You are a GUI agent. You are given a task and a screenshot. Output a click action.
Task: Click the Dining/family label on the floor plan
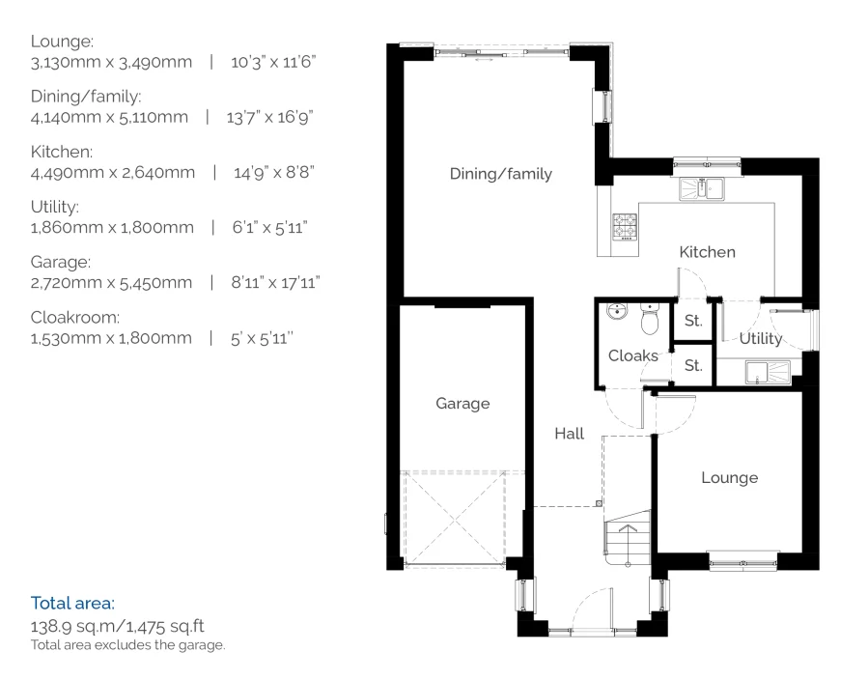tap(500, 174)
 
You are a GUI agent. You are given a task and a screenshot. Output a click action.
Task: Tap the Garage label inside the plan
tap(462, 403)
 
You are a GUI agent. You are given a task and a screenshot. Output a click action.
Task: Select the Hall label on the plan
tap(569, 433)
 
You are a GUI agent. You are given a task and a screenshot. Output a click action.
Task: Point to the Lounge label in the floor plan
tap(730, 478)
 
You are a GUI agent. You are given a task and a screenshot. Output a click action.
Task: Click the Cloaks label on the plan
tap(632, 355)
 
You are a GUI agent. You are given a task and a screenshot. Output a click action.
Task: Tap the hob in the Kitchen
tap(625, 226)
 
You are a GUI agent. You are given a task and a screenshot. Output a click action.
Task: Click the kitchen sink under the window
tap(701, 188)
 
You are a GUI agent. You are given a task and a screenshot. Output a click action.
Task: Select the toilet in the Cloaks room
tap(650, 319)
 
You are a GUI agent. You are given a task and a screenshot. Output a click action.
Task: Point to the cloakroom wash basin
tap(617, 311)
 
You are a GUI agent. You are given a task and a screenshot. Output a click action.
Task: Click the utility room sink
tap(768, 372)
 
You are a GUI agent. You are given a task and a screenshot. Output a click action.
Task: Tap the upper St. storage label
tap(693, 321)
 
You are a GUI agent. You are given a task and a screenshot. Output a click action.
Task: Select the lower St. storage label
tap(693, 365)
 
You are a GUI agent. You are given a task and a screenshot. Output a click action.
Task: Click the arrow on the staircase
tap(628, 528)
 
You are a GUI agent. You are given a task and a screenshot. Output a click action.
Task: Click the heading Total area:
tap(72, 603)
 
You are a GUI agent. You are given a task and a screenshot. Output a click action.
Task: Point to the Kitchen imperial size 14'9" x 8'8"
tap(274, 173)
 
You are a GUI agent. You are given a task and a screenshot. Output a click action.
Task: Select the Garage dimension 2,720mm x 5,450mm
tap(111, 283)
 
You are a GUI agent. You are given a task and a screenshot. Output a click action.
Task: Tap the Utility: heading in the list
tap(55, 207)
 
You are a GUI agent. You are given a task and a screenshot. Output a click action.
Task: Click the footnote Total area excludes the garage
tap(127, 645)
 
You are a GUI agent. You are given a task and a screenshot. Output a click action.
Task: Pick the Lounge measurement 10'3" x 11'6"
tap(273, 62)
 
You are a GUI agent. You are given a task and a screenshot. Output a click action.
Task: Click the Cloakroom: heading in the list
tap(74, 317)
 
